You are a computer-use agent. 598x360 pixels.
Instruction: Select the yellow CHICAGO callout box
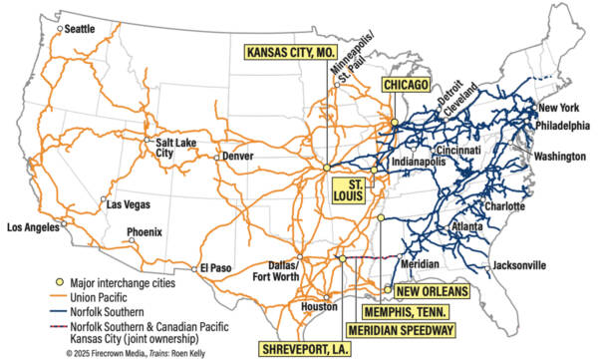(406, 87)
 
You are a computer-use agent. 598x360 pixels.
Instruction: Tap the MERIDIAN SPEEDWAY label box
(400, 329)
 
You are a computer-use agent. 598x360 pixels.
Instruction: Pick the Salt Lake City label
(173, 148)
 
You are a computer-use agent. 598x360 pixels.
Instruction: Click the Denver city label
(238, 157)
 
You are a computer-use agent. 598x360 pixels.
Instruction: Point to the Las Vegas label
(130, 204)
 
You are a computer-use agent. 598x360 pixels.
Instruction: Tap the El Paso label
(215, 267)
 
